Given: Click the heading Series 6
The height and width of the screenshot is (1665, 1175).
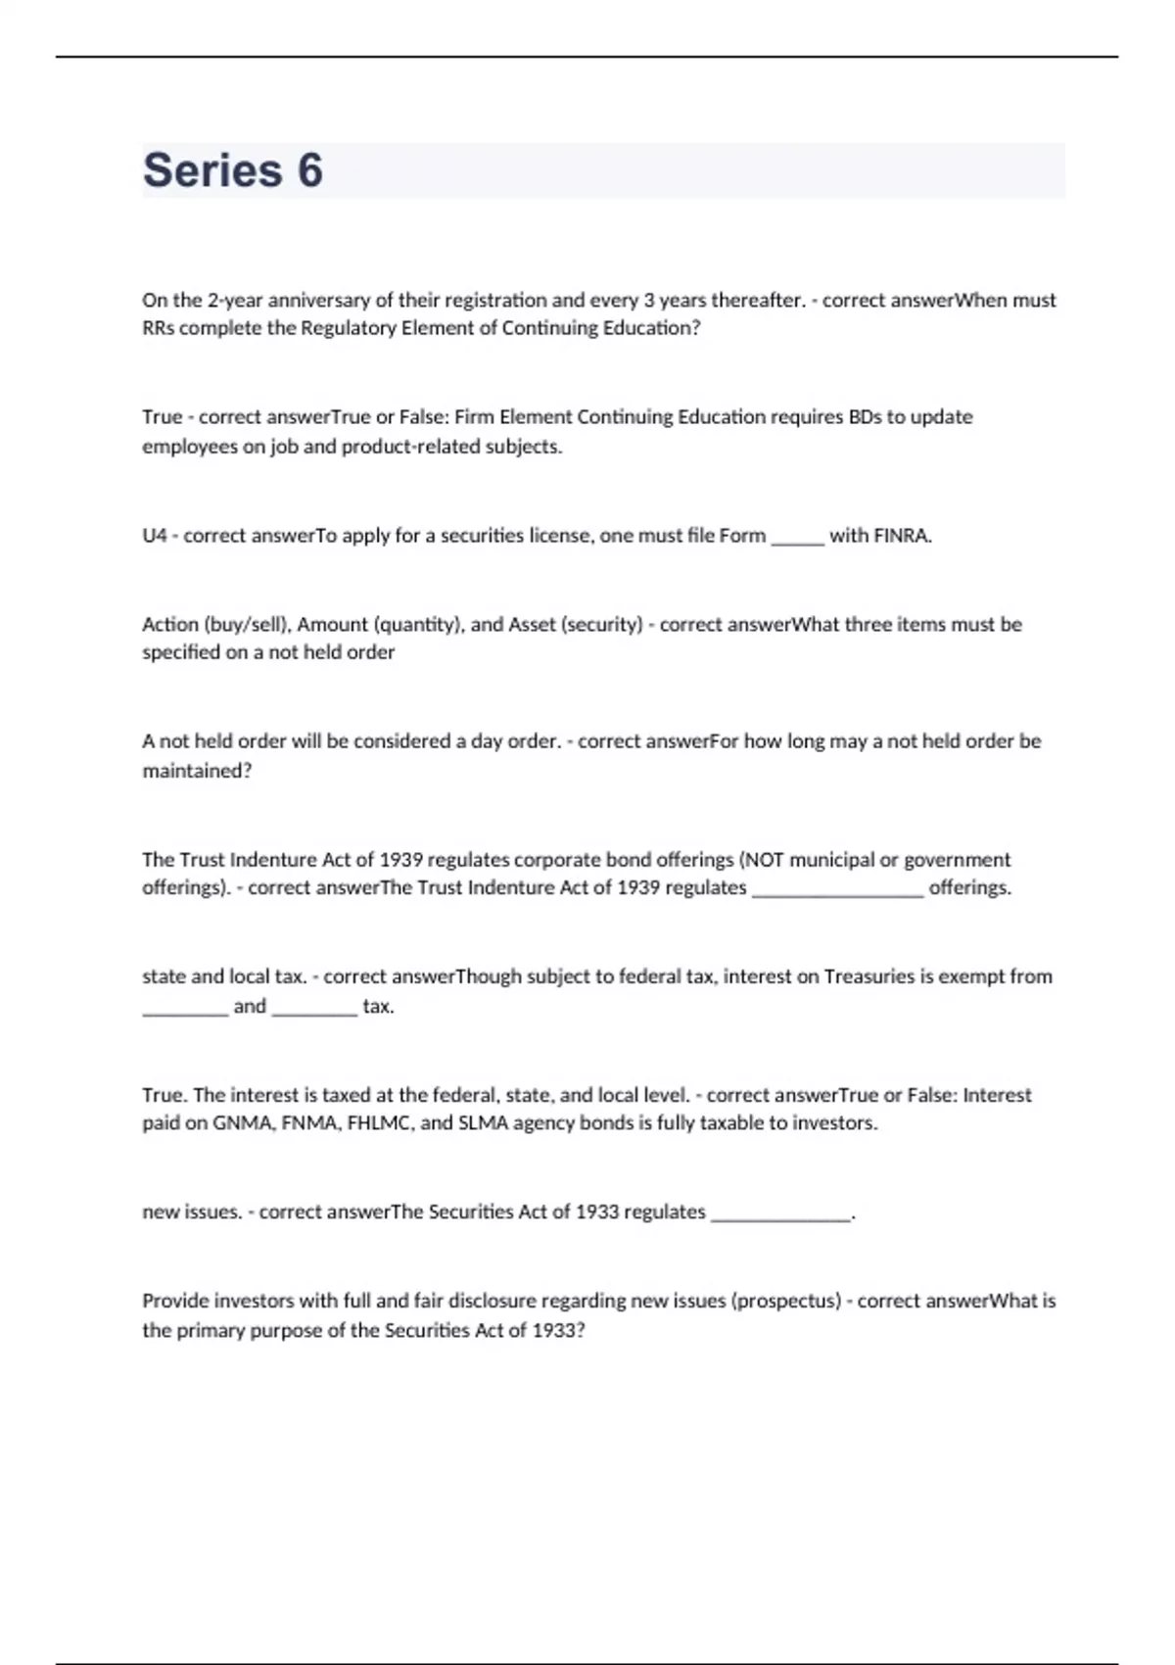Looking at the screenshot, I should click(x=233, y=170).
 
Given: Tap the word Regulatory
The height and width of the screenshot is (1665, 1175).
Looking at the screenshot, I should click(x=348, y=328).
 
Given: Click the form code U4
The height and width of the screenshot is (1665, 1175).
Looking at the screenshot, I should click(x=155, y=536).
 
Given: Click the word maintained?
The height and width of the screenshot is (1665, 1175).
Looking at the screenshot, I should click(x=197, y=771).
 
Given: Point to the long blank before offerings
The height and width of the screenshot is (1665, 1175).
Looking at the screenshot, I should click(x=837, y=889).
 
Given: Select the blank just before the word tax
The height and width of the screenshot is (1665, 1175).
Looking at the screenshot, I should click(x=314, y=1008).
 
